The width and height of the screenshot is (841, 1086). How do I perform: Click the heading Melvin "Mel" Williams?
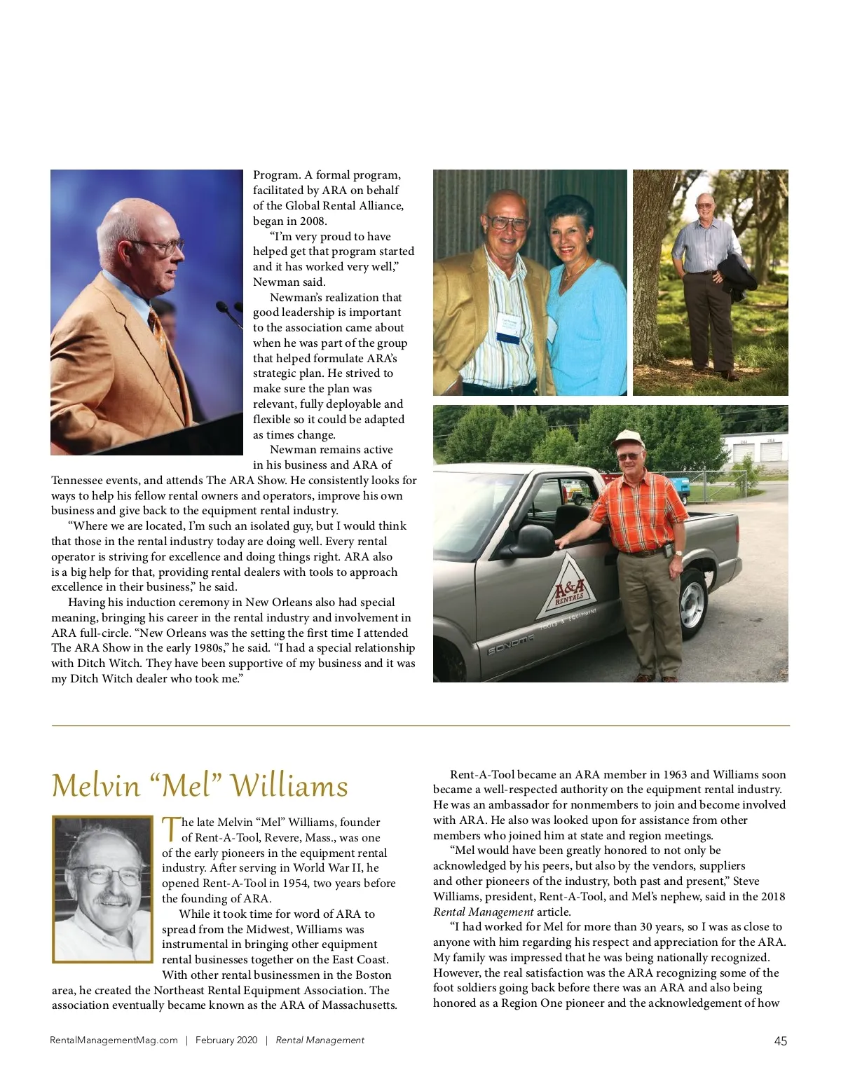[200, 785]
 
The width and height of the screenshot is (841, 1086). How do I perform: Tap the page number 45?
[780, 1041]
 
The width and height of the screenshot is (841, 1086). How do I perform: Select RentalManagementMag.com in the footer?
[114, 1040]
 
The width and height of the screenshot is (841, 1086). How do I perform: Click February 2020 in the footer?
[226, 1040]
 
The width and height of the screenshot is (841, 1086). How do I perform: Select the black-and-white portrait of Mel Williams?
[102, 888]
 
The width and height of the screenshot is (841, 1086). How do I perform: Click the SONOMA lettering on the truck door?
[511, 646]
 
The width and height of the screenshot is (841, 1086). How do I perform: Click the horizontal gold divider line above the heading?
[420, 725]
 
